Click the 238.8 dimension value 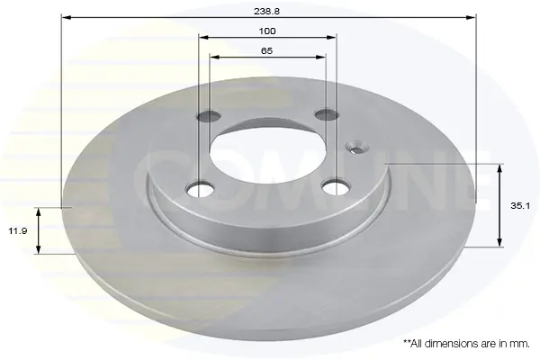(266, 12)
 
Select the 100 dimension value (267, 31)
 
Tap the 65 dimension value (267, 51)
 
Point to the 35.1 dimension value (520, 206)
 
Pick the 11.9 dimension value (18, 230)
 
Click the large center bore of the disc (267, 156)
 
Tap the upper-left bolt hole (209, 116)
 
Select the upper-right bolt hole (326, 114)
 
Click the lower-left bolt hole (200, 189)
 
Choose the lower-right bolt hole (336, 187)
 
